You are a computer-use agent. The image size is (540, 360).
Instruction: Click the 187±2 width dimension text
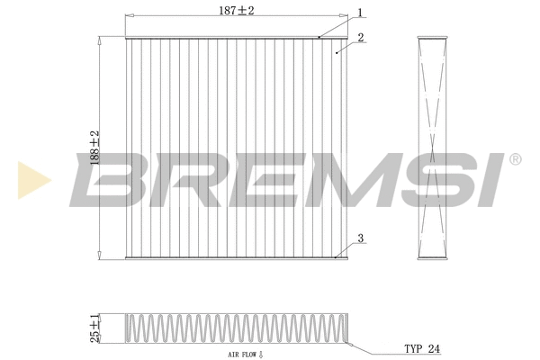237,10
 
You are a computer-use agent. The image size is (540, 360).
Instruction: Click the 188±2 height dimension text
93,148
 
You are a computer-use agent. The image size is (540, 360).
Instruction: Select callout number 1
359,13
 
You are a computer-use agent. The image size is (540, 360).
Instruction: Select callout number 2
360,38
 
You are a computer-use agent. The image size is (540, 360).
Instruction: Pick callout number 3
360,238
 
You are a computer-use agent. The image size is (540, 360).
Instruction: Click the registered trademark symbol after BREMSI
515,159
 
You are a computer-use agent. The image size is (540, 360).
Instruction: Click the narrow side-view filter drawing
435,148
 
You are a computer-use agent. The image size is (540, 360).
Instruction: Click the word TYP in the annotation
413,346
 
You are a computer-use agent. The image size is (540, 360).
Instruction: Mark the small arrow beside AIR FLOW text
259,355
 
